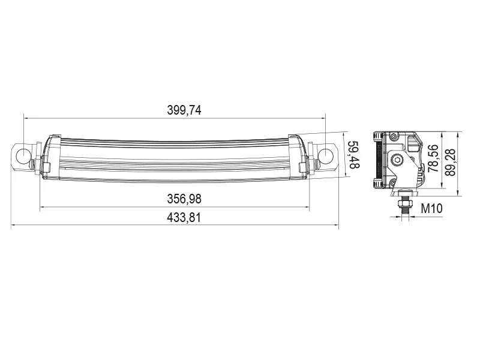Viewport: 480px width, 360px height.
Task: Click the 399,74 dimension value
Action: click(184, 110)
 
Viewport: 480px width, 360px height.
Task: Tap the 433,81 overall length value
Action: click(184, 218)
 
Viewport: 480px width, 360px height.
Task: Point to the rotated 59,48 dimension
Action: click(353, 155)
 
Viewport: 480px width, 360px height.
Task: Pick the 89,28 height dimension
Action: click(451, 162)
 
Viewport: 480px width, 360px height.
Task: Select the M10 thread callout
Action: click(431, 209)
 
